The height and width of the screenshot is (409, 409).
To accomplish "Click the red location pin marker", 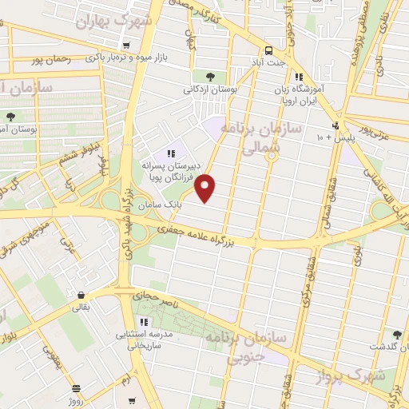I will point(206,187).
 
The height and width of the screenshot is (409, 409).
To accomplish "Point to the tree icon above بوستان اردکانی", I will point(210,77).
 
